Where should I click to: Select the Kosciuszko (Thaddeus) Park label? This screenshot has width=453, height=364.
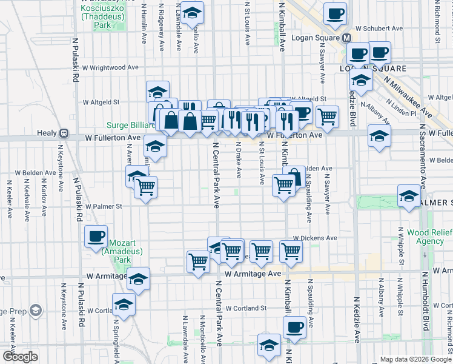(x=104, y=17)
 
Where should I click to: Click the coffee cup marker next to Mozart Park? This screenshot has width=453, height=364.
(x=96, y=236)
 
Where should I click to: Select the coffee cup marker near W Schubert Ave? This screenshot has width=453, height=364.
(x=335, y=14)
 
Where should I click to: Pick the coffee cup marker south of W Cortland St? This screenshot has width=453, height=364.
(x=295, y=326)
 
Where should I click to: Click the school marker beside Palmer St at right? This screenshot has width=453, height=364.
(x=409, y=196)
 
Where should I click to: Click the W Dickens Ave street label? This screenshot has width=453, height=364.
(x=315, y=239)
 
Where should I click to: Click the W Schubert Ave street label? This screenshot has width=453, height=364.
(x=379, y=29)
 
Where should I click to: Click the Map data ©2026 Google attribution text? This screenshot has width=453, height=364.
(x=415, y=359)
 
